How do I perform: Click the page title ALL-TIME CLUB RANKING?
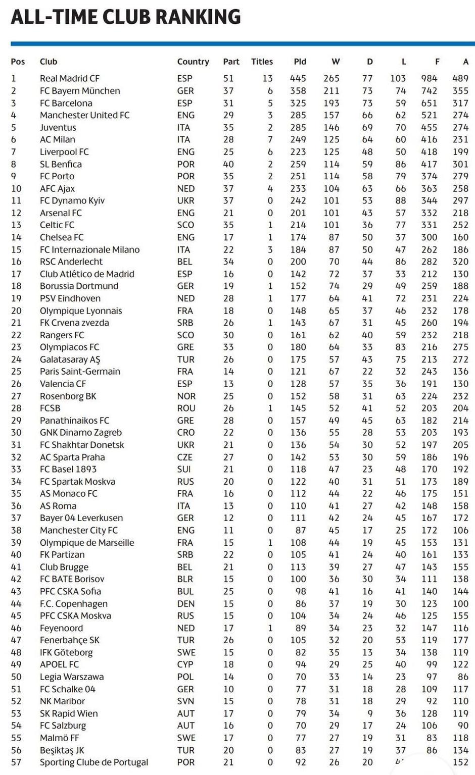pyautogui.click(x=125, y=17)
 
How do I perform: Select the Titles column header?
pyautogui.click(x=262, y=62)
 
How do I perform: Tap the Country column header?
pyautogui.click(x=193, y=62)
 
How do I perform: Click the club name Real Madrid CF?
pyautogui.click(x=70, y=78)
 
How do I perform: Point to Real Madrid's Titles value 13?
pyautogui.click(x=267, y=78)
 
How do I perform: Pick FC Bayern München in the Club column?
pyautogui.click(x=80, y=91)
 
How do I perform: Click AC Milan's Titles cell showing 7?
pyautogui.click(x=270, y=139)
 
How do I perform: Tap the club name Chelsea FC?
pyautogui.click(x=62, y=237)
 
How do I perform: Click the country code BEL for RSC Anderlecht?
pyautogui.click(x=184, y=262)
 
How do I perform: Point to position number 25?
pyautogui.click(x=16, y=372)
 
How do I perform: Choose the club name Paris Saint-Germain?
pyautogui.click(x=80, y=372)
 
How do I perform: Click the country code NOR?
pyautogui.click(x=186, y=396)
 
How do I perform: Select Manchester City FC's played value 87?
pyautogui.click(x=301, y=530)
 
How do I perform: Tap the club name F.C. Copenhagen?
pyautogui.click(x=74, y=604)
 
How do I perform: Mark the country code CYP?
pyautogui.click(x=185, y=664)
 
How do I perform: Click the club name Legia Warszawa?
pyautogui.click(x=72, y=677)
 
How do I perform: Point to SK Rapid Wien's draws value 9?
pyautogui.click(x=370, y=713)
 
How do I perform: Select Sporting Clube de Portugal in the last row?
pyautogui.click(x=94, y=762)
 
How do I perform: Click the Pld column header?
pyautogui.click(x=300, y=62)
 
